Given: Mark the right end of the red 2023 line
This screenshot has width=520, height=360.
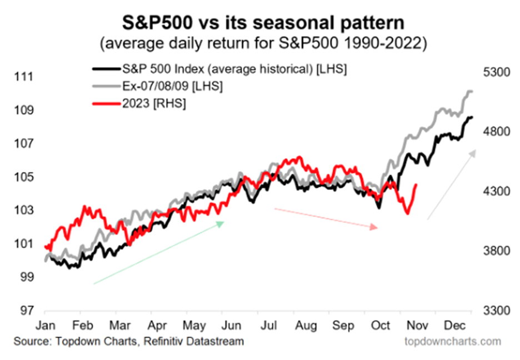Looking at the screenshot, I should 417,186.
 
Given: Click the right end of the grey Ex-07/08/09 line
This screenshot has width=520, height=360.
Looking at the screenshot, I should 472,91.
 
